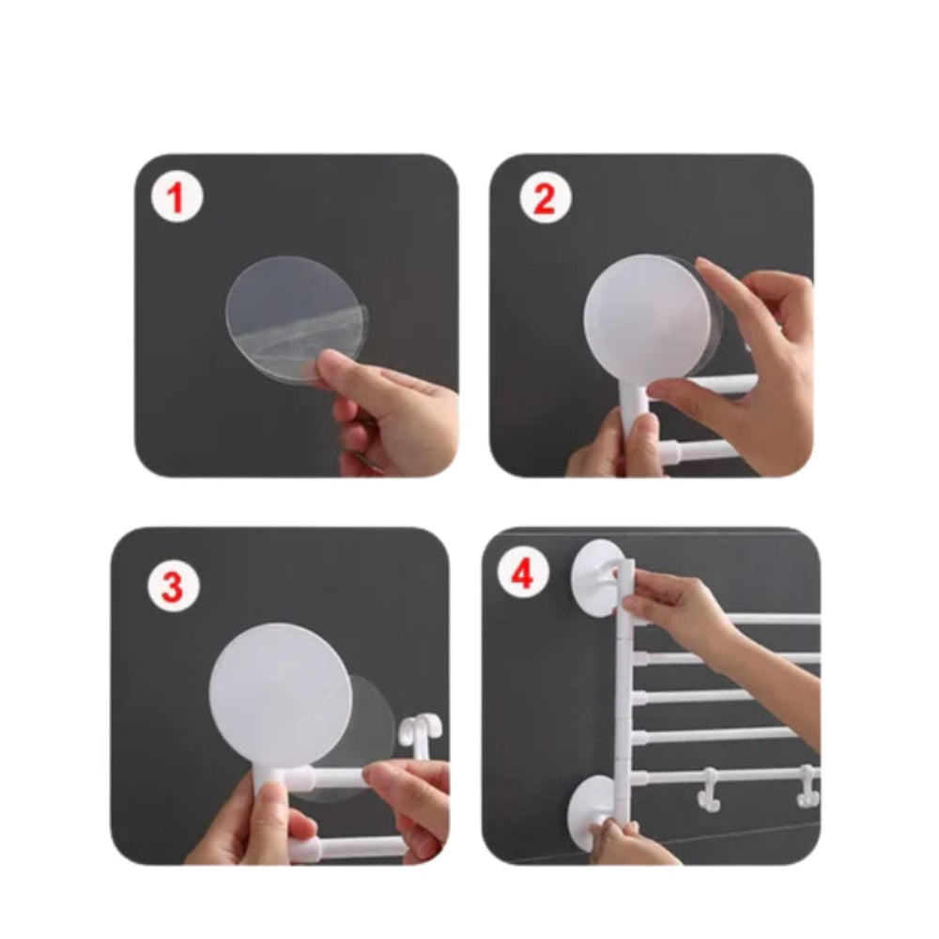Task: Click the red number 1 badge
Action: pyautogui.click(x=177, y=199)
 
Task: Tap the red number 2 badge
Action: pyautogui.click(x=546, y=199)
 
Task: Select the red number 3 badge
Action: pyautogui.click(x=172, y=587)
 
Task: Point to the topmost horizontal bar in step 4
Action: pyautogui.click(x=770, y=619)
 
